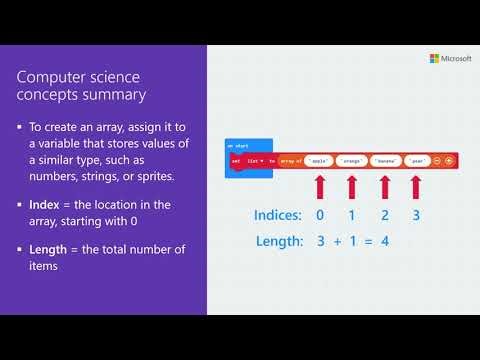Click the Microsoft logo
point(437,59)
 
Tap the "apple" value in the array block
point(319,160)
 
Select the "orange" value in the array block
point(351,160)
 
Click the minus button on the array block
point(438,160)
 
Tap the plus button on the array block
point(450,160)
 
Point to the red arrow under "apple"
point(320,187)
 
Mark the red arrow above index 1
point(352,187)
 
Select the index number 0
point(320,214)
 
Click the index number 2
point(385,214)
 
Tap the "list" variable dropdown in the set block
point(257,160)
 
